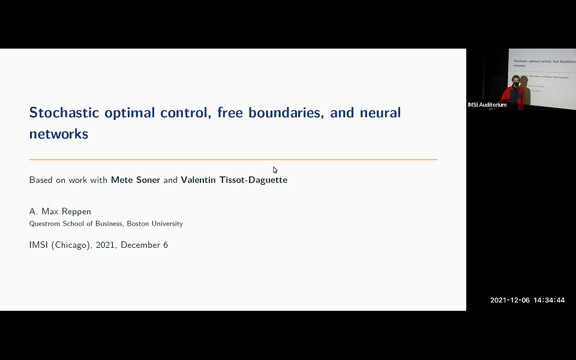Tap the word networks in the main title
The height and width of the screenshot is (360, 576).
tap(59, 134)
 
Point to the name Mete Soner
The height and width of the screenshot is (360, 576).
tap(136, 180)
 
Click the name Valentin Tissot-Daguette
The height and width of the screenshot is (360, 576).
tap(234, 180)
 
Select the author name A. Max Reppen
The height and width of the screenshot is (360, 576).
tap(61, 212)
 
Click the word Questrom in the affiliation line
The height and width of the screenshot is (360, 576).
tap(44, 224)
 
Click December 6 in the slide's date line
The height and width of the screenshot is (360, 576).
tap(144, 245)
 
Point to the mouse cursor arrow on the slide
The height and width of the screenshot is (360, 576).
tap(275, 170)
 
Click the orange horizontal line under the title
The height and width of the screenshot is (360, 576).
tap(233, 160)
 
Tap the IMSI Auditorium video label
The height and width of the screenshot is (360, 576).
tap(487, 105)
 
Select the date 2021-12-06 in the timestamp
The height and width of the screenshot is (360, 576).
tap(510, 300)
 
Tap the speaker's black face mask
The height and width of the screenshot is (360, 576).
tap(515, 85)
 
